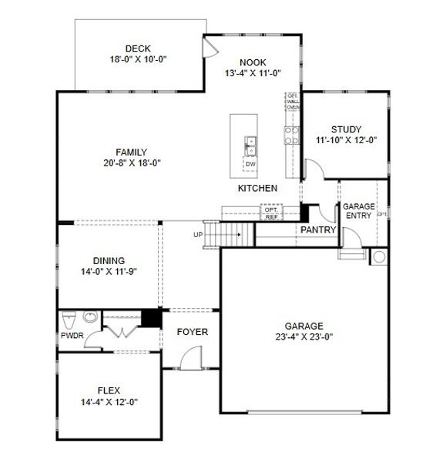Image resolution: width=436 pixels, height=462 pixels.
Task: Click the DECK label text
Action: (x=138, y=49)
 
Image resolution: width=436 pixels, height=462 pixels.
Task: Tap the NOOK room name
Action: (x=252, y=63)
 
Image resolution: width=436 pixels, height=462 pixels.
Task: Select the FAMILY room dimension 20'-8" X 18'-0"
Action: (x=131, y=162)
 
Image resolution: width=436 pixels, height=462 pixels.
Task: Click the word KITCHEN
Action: (x=257, y=189)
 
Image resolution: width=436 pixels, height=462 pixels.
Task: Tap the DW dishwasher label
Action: (x=250, y=164)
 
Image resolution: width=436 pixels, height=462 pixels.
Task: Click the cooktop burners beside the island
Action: (x=292, y=136)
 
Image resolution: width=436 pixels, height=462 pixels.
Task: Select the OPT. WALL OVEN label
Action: (x=293, y=101)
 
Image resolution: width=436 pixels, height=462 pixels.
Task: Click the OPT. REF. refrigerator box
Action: (x=271, y=213)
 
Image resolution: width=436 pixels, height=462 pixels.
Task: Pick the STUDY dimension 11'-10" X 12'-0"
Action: (x=346, y=140)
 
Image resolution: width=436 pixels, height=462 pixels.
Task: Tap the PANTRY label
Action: (x=318, y=230)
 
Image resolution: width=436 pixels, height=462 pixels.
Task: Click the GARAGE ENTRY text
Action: (x=358, y=211)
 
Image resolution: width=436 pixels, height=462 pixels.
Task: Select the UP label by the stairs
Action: (x=198, y=234)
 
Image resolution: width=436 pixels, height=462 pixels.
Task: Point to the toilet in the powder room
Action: (x=69, y=320)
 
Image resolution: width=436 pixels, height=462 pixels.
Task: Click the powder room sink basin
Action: (x=89, y=317)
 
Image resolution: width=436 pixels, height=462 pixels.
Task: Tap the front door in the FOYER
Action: (x=189, y=356)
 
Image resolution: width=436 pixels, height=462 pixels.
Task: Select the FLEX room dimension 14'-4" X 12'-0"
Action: (x=109, y=401)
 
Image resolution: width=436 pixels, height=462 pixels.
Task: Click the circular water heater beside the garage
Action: (x=379, y=256)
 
